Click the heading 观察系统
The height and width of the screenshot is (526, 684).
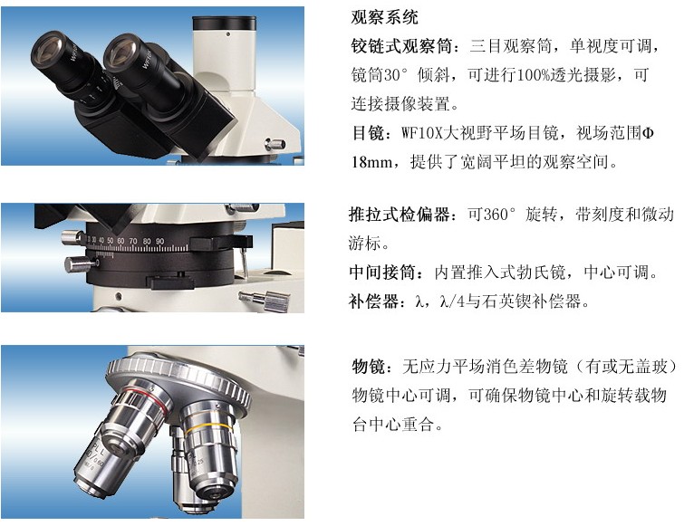pos(384,17)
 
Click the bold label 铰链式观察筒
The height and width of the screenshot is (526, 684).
pos(401,46)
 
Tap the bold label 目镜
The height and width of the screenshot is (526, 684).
pos(369,133)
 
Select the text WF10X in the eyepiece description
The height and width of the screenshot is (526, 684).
pos(421,133)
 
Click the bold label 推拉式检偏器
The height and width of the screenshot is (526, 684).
pos(400,215)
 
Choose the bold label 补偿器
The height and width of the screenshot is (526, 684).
pos(374,301)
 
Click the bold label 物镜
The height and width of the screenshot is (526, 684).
pos(369,367)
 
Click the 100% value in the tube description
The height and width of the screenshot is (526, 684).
pos(533,75)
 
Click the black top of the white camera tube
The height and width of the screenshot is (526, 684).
pos(224,24)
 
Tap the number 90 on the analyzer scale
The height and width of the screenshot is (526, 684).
pos(160,241)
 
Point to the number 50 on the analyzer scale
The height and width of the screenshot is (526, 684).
pos(111,240)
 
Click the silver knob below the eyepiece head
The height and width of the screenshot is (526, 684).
pos(275,144)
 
